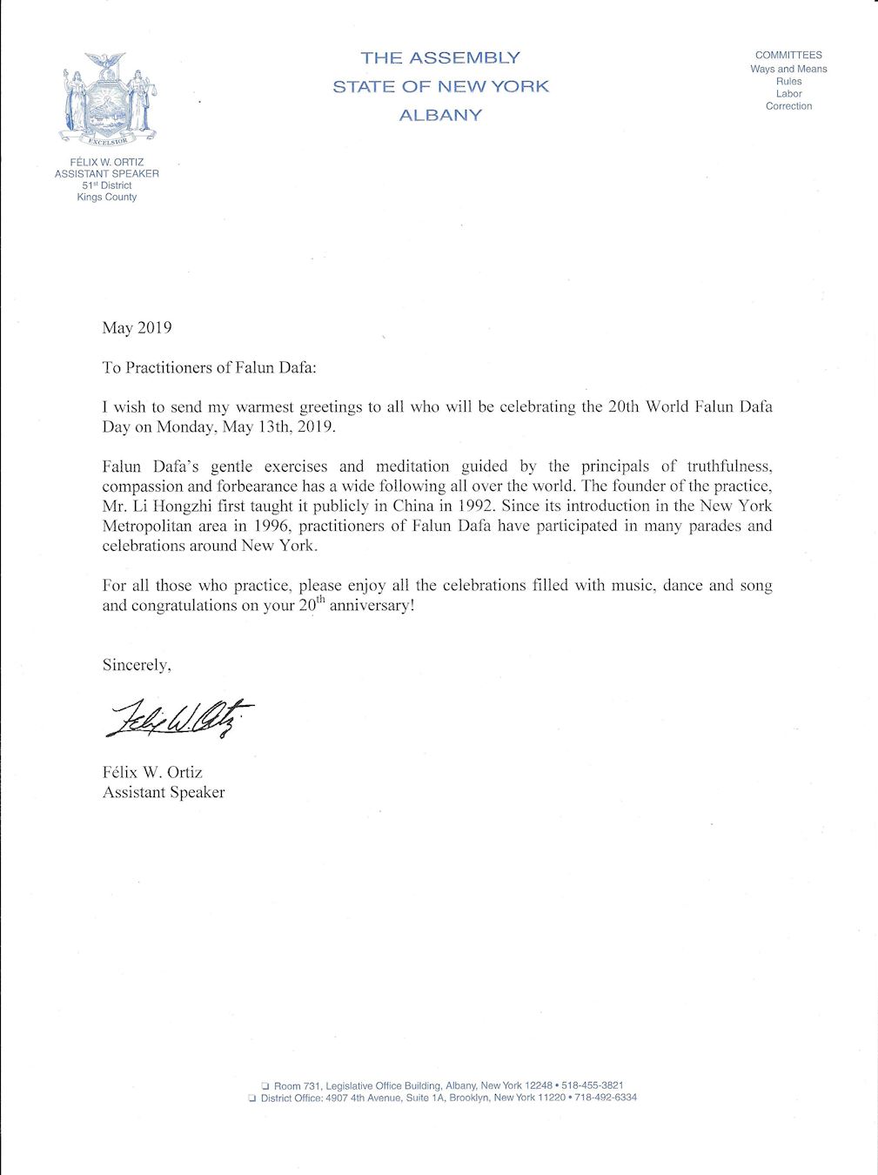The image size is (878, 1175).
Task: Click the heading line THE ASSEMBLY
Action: point(440,58)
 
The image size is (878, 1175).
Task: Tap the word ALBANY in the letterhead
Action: point(440,115)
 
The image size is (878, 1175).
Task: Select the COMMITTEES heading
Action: point(788,55)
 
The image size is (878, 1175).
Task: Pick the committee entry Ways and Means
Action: point(788,69)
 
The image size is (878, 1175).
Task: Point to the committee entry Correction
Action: point(788,106)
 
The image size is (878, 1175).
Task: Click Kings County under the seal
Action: point(107,197)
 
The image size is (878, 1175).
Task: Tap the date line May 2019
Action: point(137,328)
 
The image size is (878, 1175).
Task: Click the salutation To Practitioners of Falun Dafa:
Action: point(210,367)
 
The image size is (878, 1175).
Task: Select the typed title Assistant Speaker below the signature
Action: point(164,792)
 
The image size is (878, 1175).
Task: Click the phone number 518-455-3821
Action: point(592,1085)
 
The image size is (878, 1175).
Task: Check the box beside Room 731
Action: point(265,1086)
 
